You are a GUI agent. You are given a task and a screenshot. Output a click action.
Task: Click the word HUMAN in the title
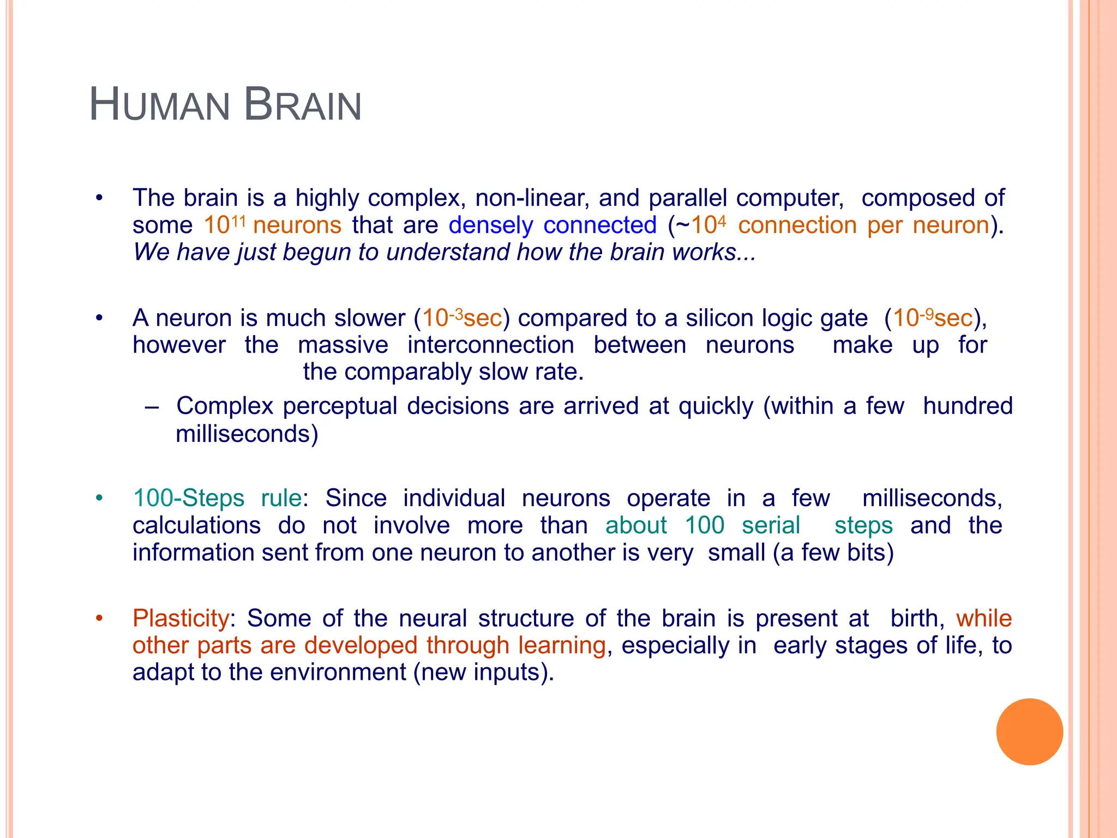pyautogui.click(x=159, y=105)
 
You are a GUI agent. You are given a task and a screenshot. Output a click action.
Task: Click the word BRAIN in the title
pyautogui.click(x=303, y=105)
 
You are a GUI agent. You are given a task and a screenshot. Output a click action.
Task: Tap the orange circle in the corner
pyautogui.click(x=1029, y=732)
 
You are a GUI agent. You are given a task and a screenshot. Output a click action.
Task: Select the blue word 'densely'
pyautogui.click(x=491, y=225)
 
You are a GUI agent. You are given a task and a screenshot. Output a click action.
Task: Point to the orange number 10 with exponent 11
pyautogui.click(x=224, y=224)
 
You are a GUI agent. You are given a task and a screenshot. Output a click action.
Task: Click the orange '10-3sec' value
pyautogui.click(x=462, y=318)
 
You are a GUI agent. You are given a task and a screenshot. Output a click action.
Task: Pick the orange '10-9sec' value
pyautogui.click(x=933, y=318)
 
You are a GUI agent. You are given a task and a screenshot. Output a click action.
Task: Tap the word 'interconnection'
pyautogui.click(x=491, y=345)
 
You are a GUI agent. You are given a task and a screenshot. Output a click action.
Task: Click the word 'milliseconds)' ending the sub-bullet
pyautogui.click(x=247, y=434)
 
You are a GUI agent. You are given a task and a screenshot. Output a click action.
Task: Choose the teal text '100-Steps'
pyautogui.click(x=189, y=498)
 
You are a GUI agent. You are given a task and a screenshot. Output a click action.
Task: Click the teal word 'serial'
pyautogui.click(x=771, y=525)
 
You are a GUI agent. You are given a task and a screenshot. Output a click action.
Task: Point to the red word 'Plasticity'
pyautogui.click(x=181, y=619)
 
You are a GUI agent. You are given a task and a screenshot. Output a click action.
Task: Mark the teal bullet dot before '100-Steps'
pyautogui.click(x=99, y=498)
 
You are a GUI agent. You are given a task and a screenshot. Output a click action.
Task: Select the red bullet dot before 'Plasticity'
pyautogui.click(x=99, y=619)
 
